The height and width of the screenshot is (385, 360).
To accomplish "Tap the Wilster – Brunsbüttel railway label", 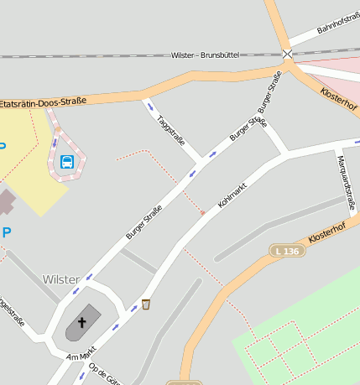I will (x=206, y=55).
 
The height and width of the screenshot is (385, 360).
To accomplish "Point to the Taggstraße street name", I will (x=172, y=128).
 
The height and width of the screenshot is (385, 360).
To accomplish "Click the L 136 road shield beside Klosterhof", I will (x=285, y=251).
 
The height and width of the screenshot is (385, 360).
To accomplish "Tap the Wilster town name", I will (x=60, y=278).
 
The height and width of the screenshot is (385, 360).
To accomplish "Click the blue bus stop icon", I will (x=67, y=161).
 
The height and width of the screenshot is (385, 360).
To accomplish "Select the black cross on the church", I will (x=82, y=321).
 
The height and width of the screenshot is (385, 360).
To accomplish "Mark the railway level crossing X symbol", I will (x=288, y=54).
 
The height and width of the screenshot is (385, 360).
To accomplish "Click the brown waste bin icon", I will (x=146, y=304).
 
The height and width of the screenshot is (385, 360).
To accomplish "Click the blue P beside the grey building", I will (x=7, y=232).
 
